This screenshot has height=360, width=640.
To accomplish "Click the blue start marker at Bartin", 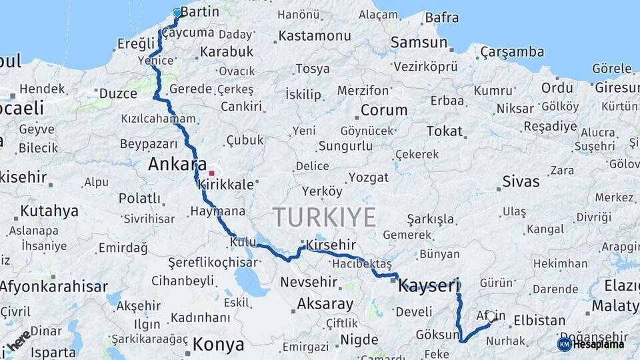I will click(x=177, y=13).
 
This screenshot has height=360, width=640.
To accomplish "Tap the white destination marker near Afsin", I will click(x=491, y=317).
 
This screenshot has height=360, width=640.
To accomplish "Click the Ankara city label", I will click(x=177, y=163).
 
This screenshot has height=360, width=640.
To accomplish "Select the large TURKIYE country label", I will click(x=324, y=217).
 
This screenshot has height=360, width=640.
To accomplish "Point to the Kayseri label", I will click(x=429, y=287).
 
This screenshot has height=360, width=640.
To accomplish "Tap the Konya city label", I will click(x=219, y=344).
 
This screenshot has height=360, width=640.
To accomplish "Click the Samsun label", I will click(x=419, y=43).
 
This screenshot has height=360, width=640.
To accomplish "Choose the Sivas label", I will click(x=521, y=181).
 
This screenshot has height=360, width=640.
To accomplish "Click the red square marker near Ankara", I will click(x=211, y=173).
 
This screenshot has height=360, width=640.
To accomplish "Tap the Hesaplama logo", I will click(x=591, y=344).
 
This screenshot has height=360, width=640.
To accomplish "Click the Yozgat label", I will click(x=369, y=177).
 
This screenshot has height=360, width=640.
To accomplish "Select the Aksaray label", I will click(x=325, y=304).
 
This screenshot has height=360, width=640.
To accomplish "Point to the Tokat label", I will click(x=445, y=131).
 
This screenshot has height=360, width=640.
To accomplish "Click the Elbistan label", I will click(x=539, y=320).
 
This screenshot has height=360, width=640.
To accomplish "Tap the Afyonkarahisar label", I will click(x=53, y=287).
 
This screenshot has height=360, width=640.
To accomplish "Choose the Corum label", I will click(x=383, y=110).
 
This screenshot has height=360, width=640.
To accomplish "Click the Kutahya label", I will click(x=49, y=211).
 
